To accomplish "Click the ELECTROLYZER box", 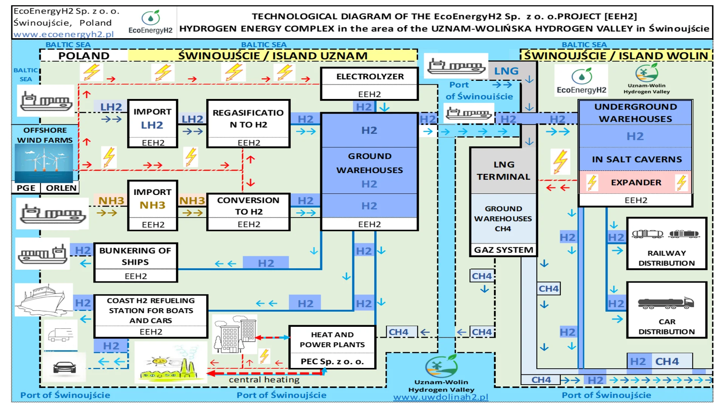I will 369,83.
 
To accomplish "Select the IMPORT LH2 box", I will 153,123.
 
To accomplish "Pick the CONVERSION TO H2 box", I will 248,212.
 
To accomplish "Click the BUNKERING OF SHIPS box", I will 136,262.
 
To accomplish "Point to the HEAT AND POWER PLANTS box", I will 332,347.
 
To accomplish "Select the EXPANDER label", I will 636,182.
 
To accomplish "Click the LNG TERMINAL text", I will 503,171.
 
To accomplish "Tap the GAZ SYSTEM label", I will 503,250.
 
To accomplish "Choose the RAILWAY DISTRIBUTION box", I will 666,244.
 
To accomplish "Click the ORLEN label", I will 61,188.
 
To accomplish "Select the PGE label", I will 26,188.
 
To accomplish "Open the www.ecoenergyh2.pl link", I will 63,34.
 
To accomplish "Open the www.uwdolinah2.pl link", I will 441,397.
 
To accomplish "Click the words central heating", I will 264,380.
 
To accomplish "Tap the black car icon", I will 65,367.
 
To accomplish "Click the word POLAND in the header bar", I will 84,56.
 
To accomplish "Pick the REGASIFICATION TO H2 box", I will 248,123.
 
